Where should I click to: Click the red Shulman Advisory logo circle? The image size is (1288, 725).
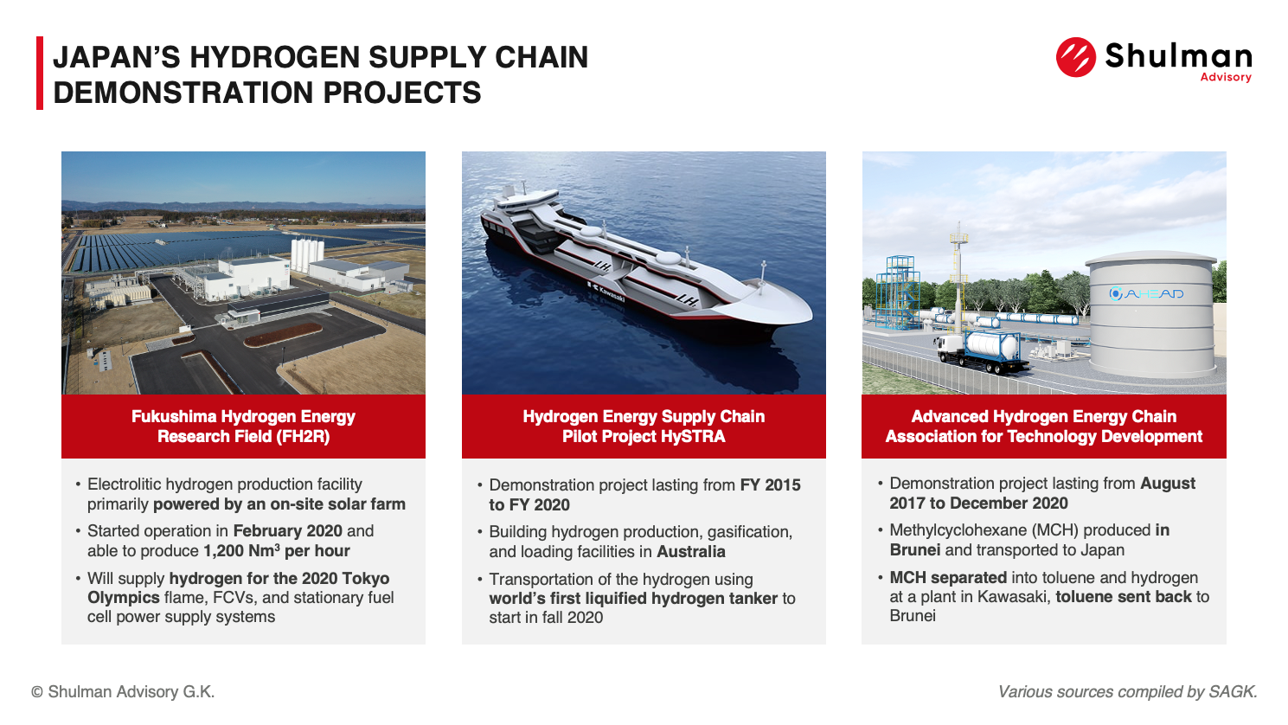(x=1075, y=57)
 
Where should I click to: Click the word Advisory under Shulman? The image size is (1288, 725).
(x=1226, y=77)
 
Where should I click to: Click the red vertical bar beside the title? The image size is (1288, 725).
(x=40, y=73)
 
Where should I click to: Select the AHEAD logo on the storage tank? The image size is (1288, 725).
(x=1146, y=294)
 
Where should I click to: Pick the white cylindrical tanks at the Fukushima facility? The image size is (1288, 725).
(x=307, y=255)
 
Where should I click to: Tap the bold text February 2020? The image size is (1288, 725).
(x=287, y=530)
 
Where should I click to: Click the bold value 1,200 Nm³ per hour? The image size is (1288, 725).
(x=277, y=551)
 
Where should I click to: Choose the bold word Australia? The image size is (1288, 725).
(x=690, y=552)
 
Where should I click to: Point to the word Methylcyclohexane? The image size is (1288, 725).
(x=958, y=530)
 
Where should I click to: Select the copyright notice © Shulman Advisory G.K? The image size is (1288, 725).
(x=123, y=691)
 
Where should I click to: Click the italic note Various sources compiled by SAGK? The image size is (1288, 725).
(x=1128, y=691)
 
